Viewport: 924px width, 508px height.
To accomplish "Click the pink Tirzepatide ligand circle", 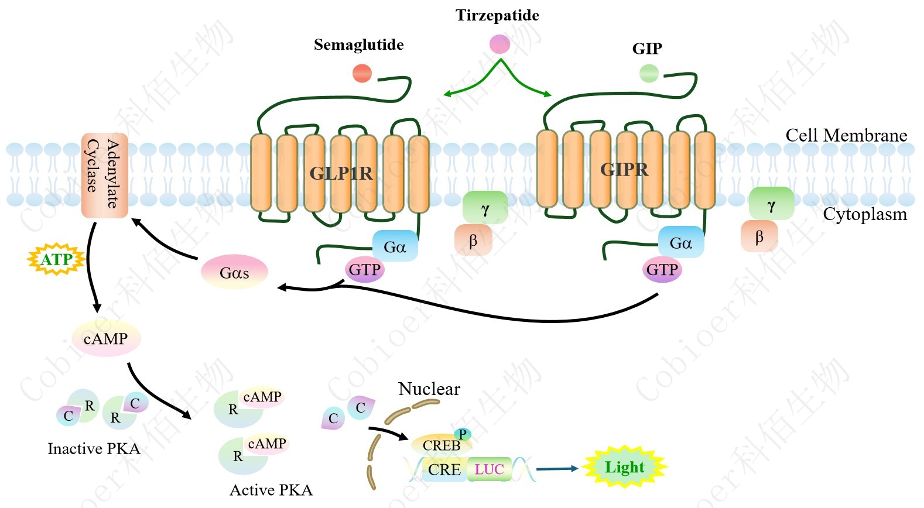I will click(499, 44).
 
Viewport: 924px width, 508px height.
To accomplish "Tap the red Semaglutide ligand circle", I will click(362, 73).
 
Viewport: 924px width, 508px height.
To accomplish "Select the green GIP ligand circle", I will click(649, 73).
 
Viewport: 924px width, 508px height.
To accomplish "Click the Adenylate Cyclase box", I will click(104, 175).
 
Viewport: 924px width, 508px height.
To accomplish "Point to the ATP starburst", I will click(57, 259).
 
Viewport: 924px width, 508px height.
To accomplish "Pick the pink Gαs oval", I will click(234, 272).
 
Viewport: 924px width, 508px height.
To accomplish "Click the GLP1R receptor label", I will click(341, 173).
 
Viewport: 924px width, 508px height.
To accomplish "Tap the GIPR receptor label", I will click(624, 170).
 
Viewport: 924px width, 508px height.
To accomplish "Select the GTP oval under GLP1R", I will click(365, 270).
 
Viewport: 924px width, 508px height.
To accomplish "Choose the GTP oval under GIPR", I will click(662, 270).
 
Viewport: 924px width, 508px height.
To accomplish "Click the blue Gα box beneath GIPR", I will click(680, 242).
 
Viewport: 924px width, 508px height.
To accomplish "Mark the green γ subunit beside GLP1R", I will click(485, 208).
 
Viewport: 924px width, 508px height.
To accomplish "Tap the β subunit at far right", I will click(759, 236).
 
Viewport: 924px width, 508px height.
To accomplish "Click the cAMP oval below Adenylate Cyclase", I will click(106, 339).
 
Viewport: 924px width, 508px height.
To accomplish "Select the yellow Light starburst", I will click(625, 467).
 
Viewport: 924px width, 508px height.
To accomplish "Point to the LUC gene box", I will click(489, 469).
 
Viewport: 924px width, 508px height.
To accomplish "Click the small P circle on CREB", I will click(463, 434).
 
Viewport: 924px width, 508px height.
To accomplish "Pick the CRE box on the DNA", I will click(444, 469).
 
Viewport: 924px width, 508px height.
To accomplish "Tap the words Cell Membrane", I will click(846, 135).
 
